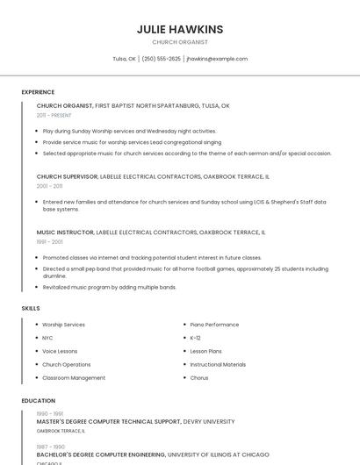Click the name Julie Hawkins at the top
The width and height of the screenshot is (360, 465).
click(180, 29)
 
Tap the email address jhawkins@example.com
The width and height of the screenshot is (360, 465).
click(217, 59)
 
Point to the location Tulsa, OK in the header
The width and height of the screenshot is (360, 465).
click(124, 59)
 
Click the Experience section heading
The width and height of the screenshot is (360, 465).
click(38, 92)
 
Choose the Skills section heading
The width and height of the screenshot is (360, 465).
click(31, 308)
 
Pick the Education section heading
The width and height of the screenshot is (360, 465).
click(38, 401)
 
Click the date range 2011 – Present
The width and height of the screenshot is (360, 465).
click(54, 115)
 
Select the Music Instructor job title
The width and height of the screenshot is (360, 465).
click(65, 232)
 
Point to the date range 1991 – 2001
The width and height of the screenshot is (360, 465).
click(49, 241)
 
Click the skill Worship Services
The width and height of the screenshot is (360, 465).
click(63, 325)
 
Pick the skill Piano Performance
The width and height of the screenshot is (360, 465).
click(214, 325)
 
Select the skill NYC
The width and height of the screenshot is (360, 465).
click(47, 338)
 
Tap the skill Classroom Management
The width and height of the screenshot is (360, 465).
click(74, 378)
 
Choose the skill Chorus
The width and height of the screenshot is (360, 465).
click(199, 378)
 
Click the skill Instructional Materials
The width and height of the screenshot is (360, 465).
click(218, 364)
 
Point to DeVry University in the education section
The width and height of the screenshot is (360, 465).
click(209, 421)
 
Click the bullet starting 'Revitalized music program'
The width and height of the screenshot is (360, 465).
click(109, 287)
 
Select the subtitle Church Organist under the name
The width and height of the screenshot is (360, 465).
click(180, 42)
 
